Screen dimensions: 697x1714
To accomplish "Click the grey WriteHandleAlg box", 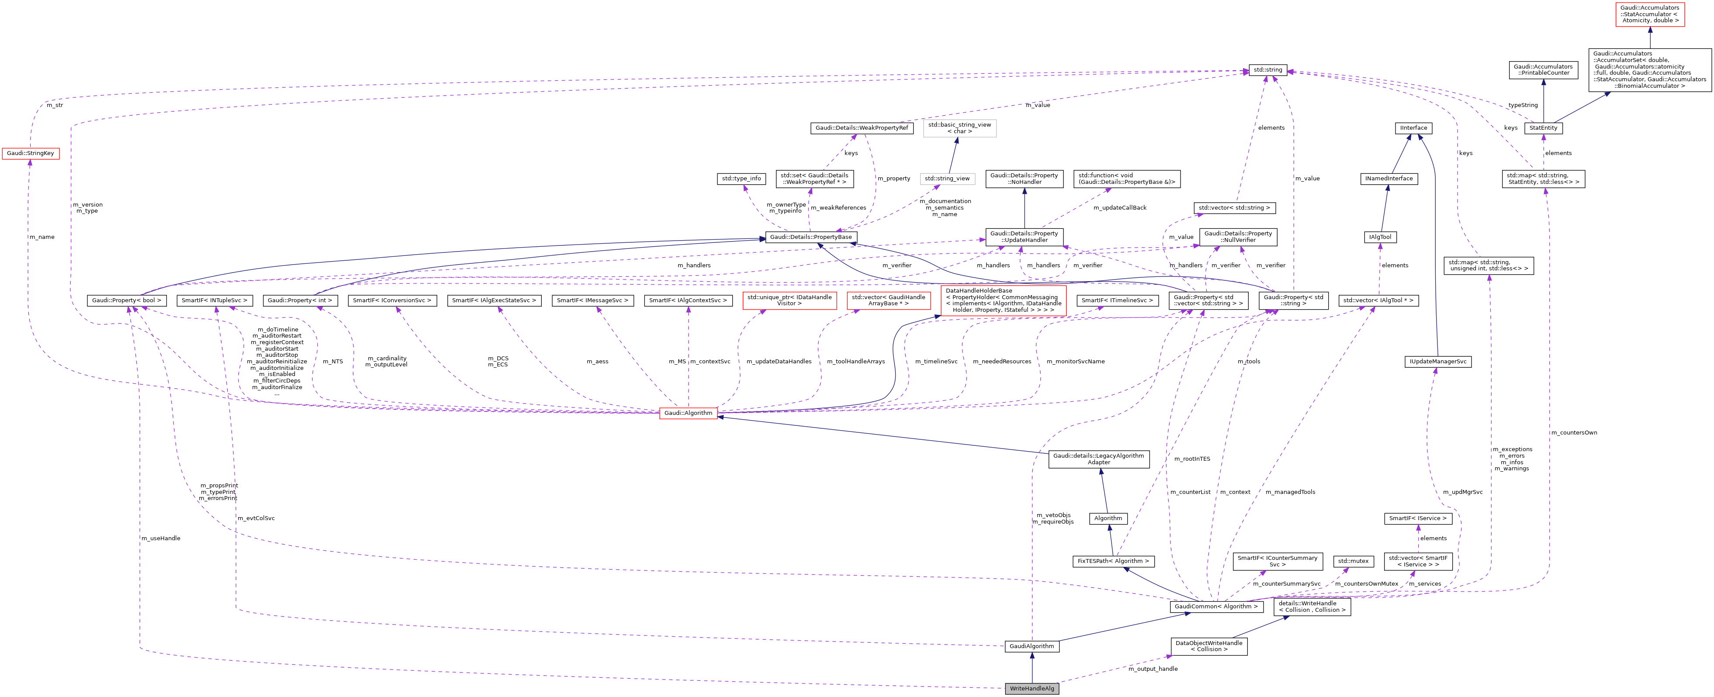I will point(1032,688).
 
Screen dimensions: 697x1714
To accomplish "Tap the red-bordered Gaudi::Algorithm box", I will point(688,413).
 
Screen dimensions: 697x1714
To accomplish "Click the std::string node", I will point(1267,70).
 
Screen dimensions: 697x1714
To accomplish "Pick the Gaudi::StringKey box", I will point(30,154).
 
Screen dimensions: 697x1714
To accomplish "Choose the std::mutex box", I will point(1353,561).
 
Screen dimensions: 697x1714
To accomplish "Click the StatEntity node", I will point(1543,128).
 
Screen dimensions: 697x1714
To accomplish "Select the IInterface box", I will point(1413,128).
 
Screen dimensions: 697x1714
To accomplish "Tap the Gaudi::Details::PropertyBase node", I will point(810,237).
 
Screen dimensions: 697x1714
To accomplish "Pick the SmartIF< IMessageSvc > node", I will point(592,300).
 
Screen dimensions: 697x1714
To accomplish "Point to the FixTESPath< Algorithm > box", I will point(1113,561).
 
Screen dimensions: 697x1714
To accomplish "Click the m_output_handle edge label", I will point(1153,669).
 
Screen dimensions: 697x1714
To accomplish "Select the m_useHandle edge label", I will point(160,538).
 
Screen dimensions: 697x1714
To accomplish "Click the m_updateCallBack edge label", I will point(1120,207).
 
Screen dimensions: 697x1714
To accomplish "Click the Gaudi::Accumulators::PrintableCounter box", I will point(1543,70).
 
